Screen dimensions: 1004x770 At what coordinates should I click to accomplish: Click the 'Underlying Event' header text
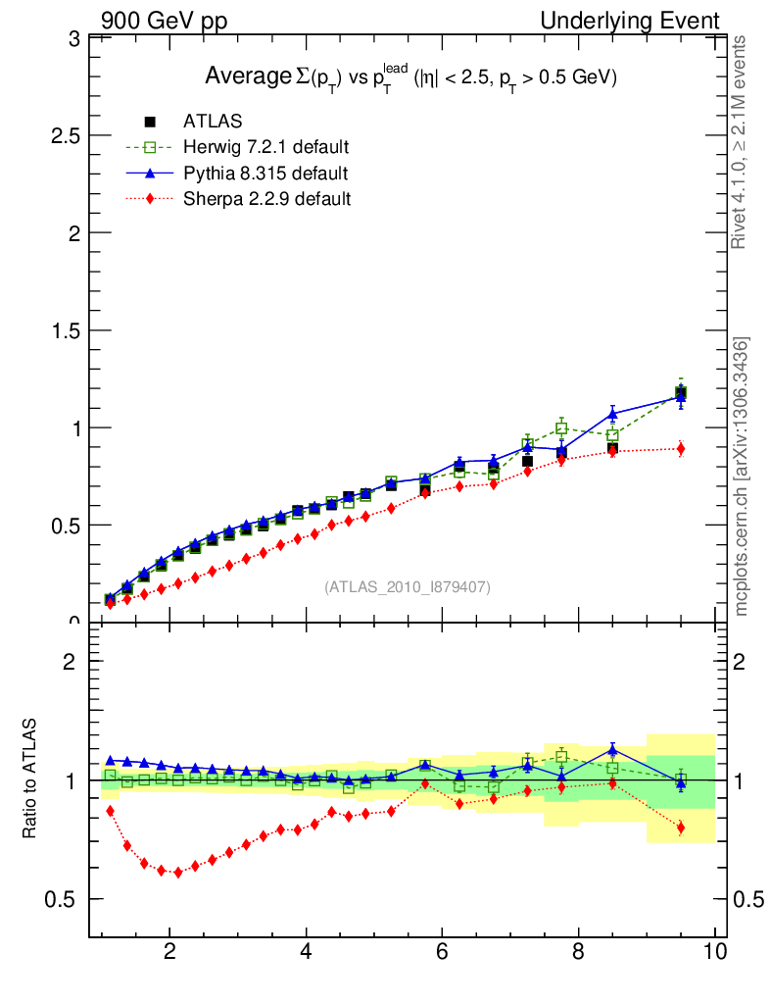pyautogui.click(x=630, y=21)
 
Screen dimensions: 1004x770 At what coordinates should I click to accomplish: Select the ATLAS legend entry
pyautogui.click(x=213, y=122)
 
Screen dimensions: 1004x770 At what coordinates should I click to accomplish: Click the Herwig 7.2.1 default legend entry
pyautogui.click(x=265, y=147)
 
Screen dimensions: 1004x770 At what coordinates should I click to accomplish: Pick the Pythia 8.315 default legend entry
pyautogui.click(x=265, y=174)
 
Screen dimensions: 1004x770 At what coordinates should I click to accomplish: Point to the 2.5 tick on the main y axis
pyautogui.click(x=65, y=135)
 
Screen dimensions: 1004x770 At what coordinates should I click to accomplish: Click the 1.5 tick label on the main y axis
pyautogui.click(x=65, y=330)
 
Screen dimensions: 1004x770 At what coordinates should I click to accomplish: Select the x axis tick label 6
pyautogui.click(x=442, y=952)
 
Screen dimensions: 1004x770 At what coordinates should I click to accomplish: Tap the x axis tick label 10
pyautogui.click(x=714, y=952)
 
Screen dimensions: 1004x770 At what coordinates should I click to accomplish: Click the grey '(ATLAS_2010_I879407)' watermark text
pyautogui.click(x=408, y=586)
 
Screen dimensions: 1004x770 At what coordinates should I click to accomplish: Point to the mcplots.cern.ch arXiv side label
pyautogui.click(x=743, y=477)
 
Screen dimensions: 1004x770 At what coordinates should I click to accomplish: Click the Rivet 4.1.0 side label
pyautogui.click(x=743, y=142)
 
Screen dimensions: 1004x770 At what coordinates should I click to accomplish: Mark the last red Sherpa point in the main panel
pyautogui.click(x=680, y=449)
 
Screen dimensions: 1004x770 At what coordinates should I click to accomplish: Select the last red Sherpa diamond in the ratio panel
pyautogui.click(x=680, y=828)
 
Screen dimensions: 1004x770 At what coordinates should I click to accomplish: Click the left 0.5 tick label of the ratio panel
pyautogui.click(x=61, y=900)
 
